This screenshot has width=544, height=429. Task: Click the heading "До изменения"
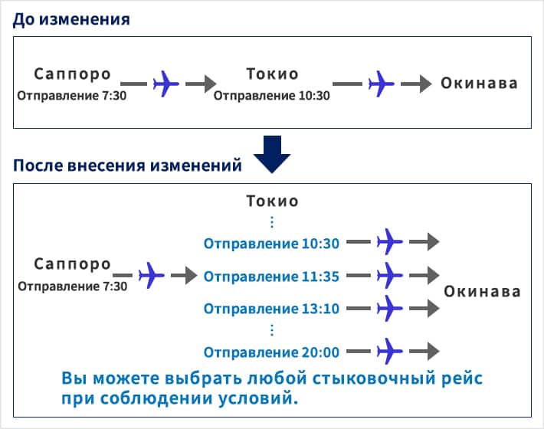pyautogui.click(x=71, y=18)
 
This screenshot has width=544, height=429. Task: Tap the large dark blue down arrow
pyautogui.click(x=272, y=153)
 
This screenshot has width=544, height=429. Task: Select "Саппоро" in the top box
pyautogui.click(x=73, y=74)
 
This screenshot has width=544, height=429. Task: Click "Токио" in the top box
pyautogui.click(x=272, y=74)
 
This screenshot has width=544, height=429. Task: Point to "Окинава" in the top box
pyautogui.click(x=479, y=84)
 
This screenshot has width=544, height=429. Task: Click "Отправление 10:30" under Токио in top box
pyautogui.click(x=271, y=96)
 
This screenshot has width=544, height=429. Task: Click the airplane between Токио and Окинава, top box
pyautogui.click(x=381, y=83)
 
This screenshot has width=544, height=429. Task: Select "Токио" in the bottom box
pyautogui.click(x=272, y=201)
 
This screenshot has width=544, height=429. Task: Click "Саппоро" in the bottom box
pyautogui.click(x=73, y=264)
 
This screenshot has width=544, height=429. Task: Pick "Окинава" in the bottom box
pyautogui.click(x=483, y=291)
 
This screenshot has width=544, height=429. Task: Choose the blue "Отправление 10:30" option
pyautogui.click(x=271, y=244)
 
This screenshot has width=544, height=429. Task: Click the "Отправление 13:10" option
pyautogui.click(x=271, y=309)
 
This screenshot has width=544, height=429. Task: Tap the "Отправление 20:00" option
pyautogui.click(x=271, y=352)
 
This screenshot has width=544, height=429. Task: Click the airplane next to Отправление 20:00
pyautogui.click(x=390, y=352)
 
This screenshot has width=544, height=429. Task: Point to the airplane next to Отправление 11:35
pyautogui.click(x=390, y=274)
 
